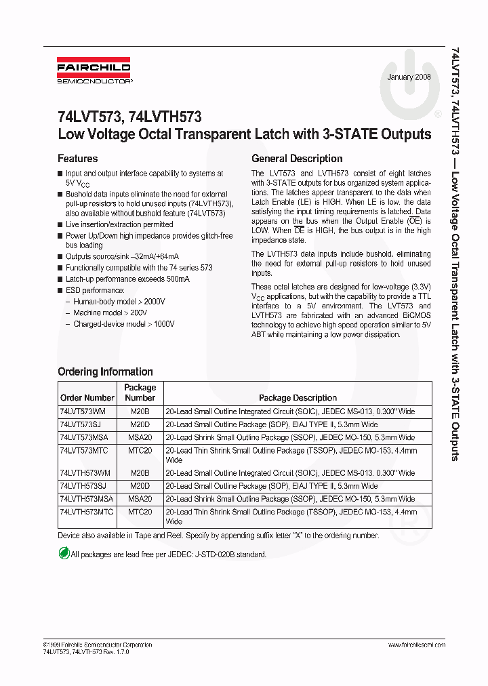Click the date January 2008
point(409,77)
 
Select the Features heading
point(77,159)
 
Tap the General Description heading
point(296,159)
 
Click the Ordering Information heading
point(105,371)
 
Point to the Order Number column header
point(87,398)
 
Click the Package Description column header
point(298,398)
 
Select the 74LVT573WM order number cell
point(83,411)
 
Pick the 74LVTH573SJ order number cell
point(84,486)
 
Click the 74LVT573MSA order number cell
point(85,437)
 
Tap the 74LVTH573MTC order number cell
point(87,512)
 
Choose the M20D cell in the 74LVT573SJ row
point(140,424)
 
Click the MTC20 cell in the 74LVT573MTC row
point(140,450)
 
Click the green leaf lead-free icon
point(64,553)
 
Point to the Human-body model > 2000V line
point(119,301)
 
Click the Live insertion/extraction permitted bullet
point(119,224)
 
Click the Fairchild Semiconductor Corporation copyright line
point(98,645)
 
